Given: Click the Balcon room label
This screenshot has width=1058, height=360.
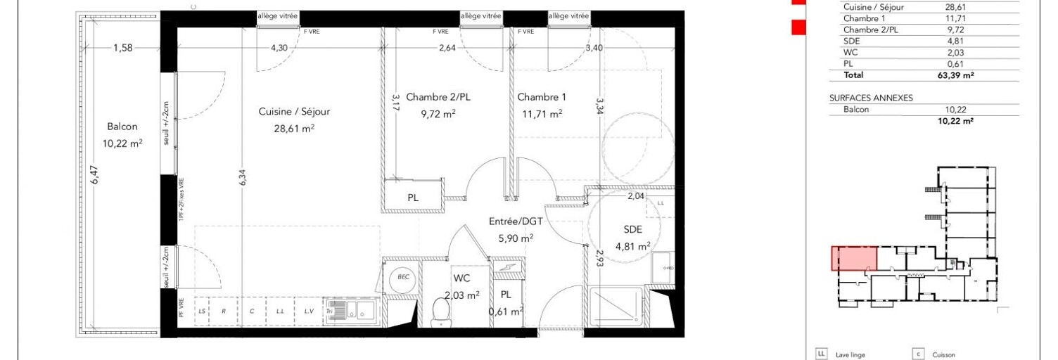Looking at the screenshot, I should click(x=122, y=127).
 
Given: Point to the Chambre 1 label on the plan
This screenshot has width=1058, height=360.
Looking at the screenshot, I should click(x=541, y=97).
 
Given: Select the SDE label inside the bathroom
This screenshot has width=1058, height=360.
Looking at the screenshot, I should click(x=632, y=229).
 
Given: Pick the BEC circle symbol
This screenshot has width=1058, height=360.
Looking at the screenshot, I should click(x=403, y=278).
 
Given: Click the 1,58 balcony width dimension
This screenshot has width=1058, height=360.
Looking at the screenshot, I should click(x=124, y=48).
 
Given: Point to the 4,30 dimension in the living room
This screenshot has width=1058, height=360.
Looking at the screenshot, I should click(x=279, y=48).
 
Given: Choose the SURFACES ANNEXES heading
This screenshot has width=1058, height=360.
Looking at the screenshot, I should click(x=871, y=98).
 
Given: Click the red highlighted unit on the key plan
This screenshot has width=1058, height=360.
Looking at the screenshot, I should click(x=855, y=258).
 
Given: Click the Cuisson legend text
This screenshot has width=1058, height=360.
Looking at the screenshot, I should click(x=944, y=355).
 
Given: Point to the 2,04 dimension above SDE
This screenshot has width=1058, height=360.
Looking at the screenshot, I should click(x=636, y=196).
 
